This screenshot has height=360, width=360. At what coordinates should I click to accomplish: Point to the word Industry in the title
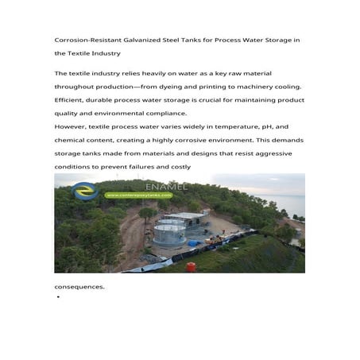[x=106, y=53]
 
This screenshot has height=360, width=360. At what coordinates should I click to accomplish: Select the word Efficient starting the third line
[x=70, y=100]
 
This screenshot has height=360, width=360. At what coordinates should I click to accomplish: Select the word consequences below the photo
[x=79, y=287]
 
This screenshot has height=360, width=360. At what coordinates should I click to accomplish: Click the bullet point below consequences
[x=59, y=297]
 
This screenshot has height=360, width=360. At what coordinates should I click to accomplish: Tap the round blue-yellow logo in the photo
[x=83, y=191]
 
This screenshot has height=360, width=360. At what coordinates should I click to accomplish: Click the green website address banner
[x=138, y=195]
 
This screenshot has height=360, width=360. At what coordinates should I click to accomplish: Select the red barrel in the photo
[x=191, y=266]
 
